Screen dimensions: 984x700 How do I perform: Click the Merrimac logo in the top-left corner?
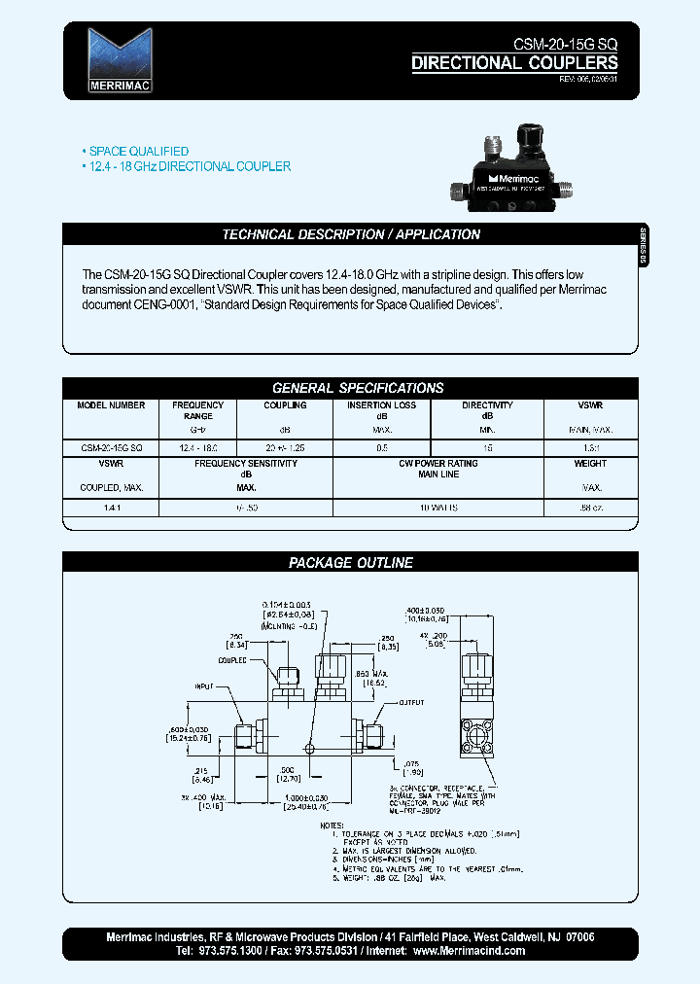[x=120, y=60]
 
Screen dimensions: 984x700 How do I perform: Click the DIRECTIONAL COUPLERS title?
[x=514, y=64]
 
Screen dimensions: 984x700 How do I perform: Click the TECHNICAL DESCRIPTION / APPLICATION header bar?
[x=351, y=234]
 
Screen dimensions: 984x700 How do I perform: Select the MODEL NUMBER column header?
[x=111, y=405]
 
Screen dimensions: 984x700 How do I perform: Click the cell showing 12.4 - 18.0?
[x=197, y=447]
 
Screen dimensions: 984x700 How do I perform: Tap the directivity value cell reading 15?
[x=487, y=447]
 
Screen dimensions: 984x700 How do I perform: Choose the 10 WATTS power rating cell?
[x=438, y=508]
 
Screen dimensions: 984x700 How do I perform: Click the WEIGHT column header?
[x=590, y=464]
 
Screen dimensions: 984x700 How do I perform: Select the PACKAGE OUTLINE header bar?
[x=351, y=563]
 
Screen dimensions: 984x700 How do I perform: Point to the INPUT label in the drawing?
[x=203, y=686]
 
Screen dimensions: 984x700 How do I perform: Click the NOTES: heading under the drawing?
[x=332, y=826]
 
